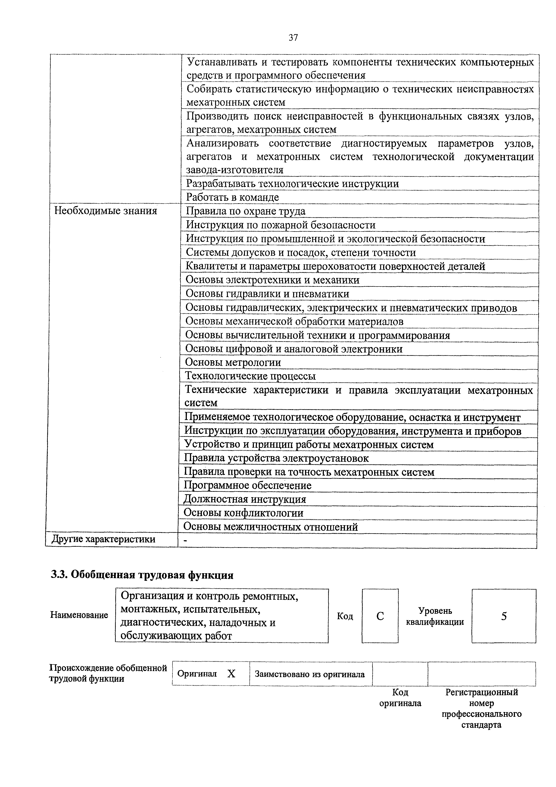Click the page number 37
[293, 38]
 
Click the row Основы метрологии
[233, 362]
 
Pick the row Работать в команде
[232, 197]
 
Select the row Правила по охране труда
[245, 211]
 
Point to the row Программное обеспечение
[247, 485]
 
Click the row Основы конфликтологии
[243, 513]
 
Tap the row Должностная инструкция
[245, 499]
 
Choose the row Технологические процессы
[250, 376]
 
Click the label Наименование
[79, 615]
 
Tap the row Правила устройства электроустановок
[276, 458]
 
